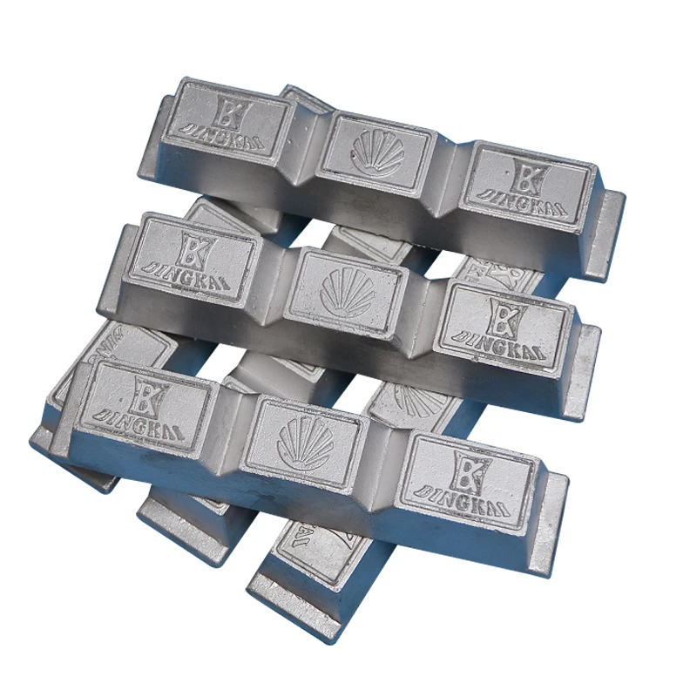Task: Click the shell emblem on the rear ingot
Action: pyautogui.click(x=378, y=154)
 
